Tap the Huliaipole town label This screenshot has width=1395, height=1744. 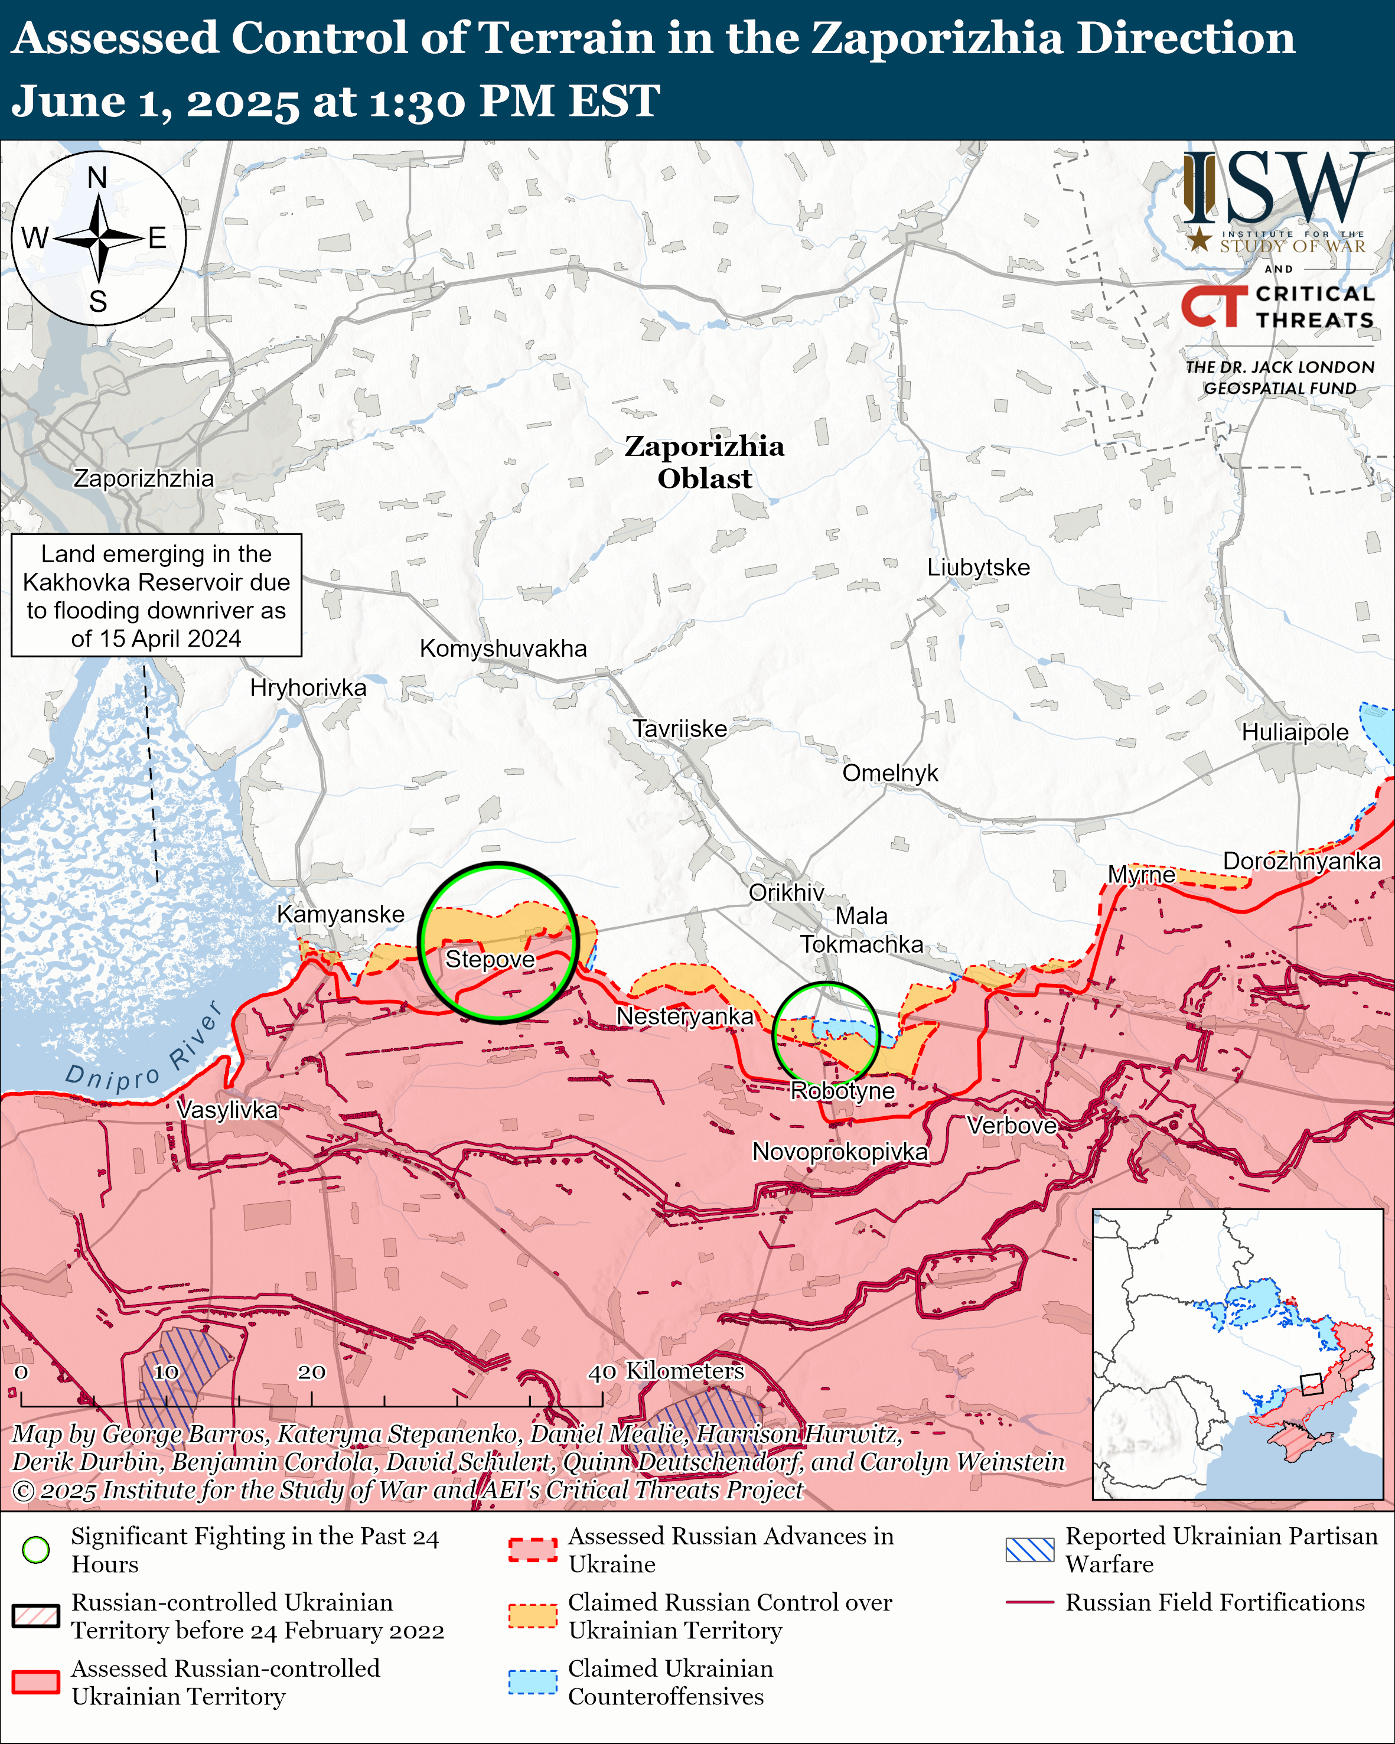pos(1295,732)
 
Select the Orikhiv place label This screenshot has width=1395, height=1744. pos(786,892)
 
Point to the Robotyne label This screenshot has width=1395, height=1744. pos(843,1091)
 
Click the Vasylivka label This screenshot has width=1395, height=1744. pos(227,1110)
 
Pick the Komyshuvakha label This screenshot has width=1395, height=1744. pos(503,648)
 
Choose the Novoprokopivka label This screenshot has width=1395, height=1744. pos(839,1152)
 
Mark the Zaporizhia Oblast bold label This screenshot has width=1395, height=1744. pos(705,462)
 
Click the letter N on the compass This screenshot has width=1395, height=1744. pos(97,177)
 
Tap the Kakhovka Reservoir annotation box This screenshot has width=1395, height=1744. pos(156,595)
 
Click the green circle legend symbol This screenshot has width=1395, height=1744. pos(35,1549)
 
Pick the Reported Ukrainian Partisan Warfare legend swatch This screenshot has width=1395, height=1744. pos(1029,1549)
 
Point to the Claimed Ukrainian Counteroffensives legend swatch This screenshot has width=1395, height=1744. pos(532,1682)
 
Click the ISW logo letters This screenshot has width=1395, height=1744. pos(1277,191)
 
